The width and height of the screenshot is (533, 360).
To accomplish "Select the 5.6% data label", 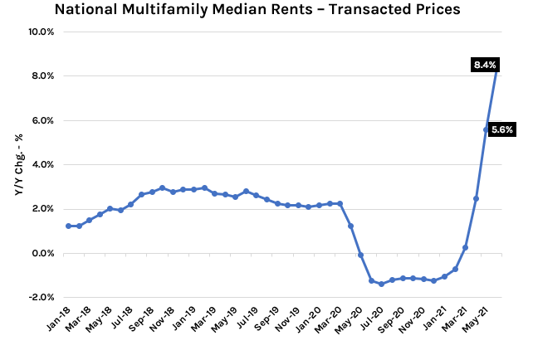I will [x=502, y=129].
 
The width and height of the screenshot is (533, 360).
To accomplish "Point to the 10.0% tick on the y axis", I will [x=41, y=32].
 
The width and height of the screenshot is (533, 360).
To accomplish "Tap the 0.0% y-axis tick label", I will [x=42, y=253].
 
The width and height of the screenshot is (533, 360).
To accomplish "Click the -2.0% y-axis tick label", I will [x=41, y=297].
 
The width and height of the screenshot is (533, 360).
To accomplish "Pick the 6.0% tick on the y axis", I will [x=42, y=120].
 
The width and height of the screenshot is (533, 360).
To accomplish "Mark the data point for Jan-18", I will [x=68, y=226].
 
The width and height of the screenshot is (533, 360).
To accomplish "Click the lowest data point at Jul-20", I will [x=381, y=284].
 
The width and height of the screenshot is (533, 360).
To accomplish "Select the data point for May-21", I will [x=487, y=129].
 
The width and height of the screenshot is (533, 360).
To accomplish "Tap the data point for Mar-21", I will [x=465, y=247].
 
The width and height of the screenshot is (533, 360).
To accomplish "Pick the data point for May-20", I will [x=360, y=255].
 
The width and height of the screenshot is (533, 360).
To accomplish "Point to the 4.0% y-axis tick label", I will [x=42, y=164].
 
